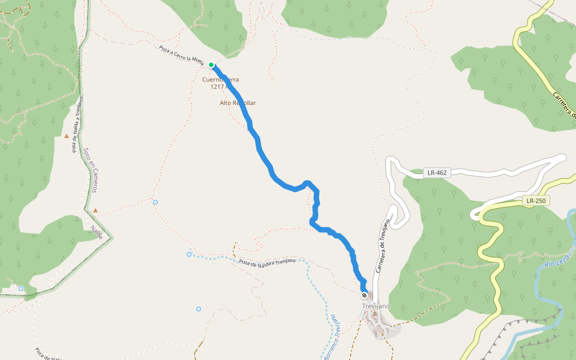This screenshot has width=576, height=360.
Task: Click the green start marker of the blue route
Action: (x=211, y=65)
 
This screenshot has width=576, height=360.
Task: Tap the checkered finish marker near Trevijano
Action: (x=364, y=295)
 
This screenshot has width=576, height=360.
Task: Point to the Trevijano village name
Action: (x=376, y=306)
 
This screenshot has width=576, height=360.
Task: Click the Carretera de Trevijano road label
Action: (x=382, y=247)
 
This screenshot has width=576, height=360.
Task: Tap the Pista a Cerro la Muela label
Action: (x=182, y=56)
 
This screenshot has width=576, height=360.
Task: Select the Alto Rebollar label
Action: (x=238, y=103)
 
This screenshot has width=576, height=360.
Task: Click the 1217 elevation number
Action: (x=217, y=87)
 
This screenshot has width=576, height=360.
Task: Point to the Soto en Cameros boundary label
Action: (x=91, y=170)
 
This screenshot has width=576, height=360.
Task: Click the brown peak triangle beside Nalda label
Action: (x=95, y=211)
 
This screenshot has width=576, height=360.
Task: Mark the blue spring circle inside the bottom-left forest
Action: (x=21, y=289)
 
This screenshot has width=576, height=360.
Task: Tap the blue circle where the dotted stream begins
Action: (x=189, y=254)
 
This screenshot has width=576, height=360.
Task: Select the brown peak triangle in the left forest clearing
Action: (x=67, y=136)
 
